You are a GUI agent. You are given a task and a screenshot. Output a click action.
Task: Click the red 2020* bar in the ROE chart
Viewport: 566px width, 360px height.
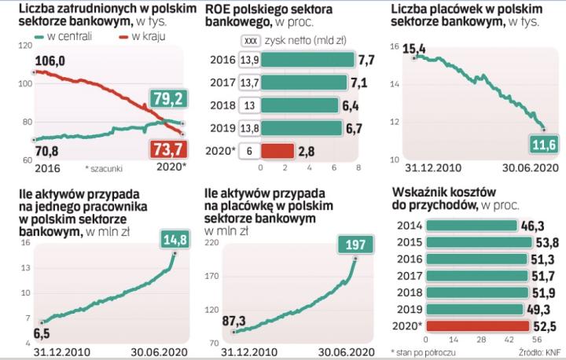click(x=277, y=150)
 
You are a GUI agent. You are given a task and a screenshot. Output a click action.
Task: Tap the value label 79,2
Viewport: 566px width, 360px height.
click(x=167, y=98)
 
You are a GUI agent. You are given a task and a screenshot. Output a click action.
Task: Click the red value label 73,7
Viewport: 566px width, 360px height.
click(x=167, y=149)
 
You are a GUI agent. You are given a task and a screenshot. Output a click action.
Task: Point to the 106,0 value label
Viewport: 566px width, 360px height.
click(x=50, y=62)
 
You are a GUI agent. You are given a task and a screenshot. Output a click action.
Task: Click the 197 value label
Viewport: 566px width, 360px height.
click(x=355, y=244)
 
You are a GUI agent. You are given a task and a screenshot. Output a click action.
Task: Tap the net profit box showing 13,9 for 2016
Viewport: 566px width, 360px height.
click(x=249, y=60)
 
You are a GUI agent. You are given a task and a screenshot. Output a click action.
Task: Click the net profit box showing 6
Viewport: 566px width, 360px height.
click(x=249, y=150)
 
